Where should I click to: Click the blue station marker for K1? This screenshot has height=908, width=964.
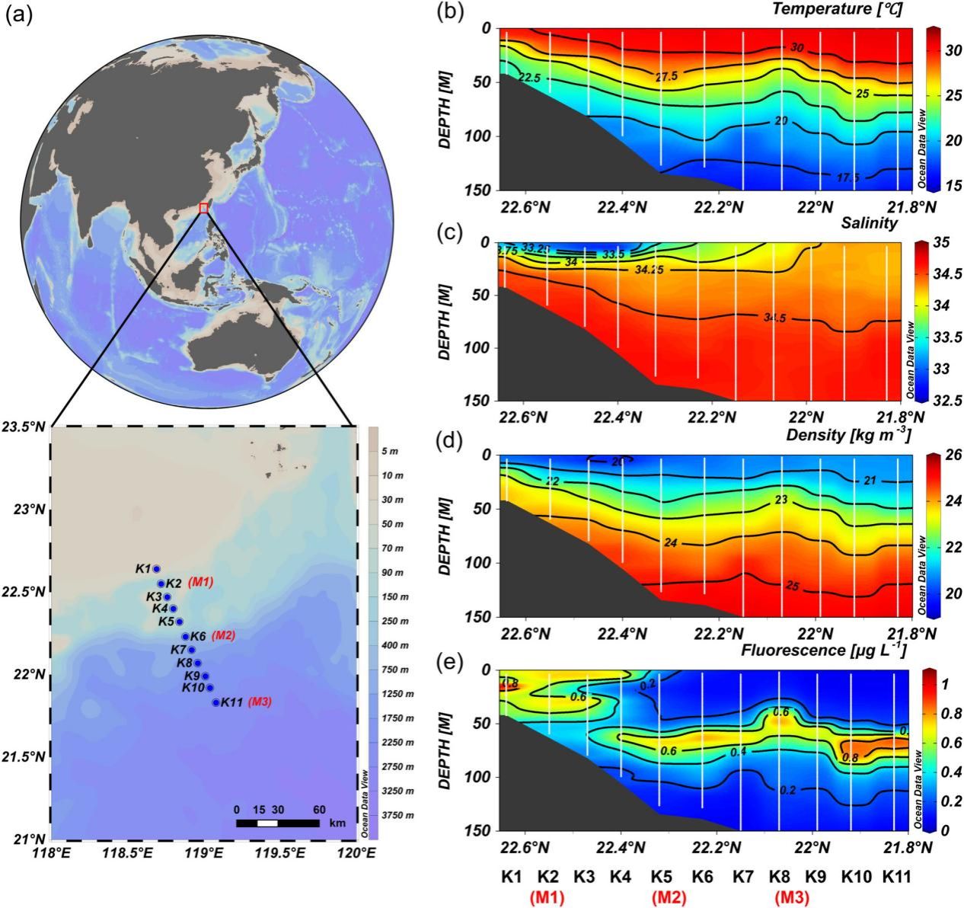click(x=157, y=568)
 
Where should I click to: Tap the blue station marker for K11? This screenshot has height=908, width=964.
click(x=215, y=702)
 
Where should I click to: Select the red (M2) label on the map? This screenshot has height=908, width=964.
click(x=224, y=636)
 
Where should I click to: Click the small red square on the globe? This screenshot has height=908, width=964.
click(x=203, y=208)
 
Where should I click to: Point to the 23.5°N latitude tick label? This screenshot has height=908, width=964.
click(x=24, y=427)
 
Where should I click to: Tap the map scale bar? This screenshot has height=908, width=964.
click(x=277, y=823)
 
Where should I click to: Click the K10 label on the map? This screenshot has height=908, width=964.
click(x=193, y=687)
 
